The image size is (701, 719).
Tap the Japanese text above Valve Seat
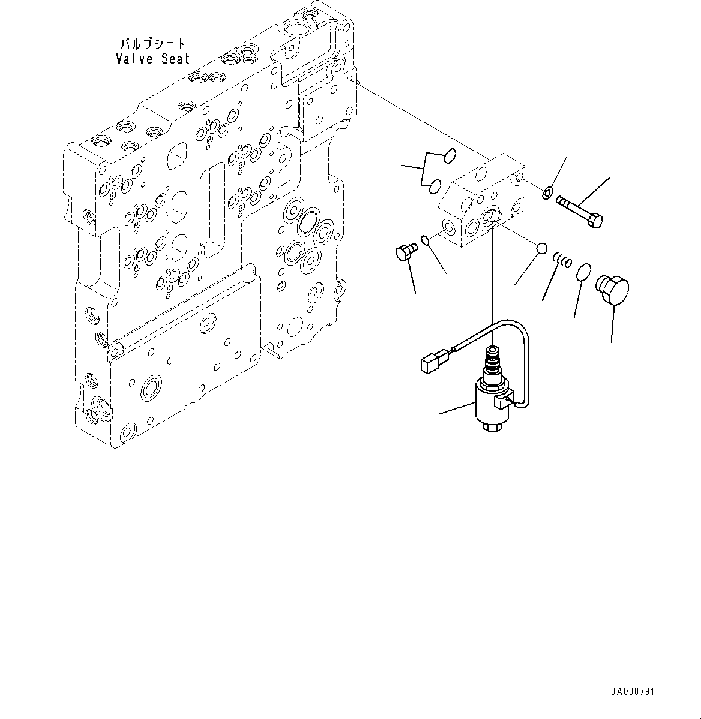point(153,44)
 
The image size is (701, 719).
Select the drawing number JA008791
point(632,691)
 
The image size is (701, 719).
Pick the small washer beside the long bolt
point(547,193)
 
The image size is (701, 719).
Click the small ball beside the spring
point(542,248)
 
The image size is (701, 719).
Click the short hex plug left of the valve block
point(405,252)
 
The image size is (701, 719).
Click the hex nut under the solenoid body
point(492,426)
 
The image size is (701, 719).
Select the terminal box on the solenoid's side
point(503,402)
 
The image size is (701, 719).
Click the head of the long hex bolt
point(595,221)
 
